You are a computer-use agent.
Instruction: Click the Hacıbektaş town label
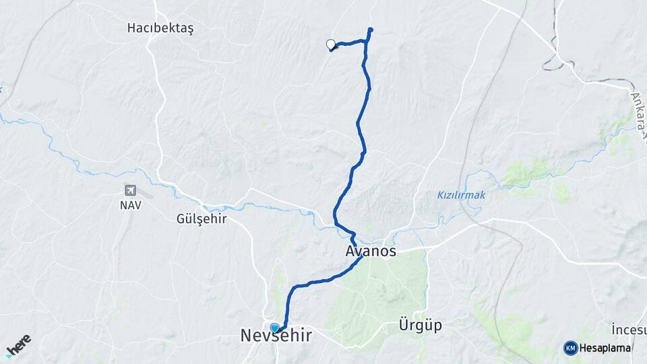160,28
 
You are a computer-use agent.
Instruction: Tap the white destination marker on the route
331,44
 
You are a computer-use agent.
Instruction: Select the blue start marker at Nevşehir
274,328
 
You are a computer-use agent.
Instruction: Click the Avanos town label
370,251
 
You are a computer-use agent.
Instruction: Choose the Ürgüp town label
420,326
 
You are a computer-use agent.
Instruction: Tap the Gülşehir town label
201,219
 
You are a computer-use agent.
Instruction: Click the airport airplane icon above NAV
131,191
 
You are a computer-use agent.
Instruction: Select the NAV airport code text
131,205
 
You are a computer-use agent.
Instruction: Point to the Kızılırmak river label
461,195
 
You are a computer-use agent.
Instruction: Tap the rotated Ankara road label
636,108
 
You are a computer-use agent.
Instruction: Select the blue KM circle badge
570,348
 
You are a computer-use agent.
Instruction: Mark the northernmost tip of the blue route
371,29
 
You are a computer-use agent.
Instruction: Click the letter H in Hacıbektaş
131,28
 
